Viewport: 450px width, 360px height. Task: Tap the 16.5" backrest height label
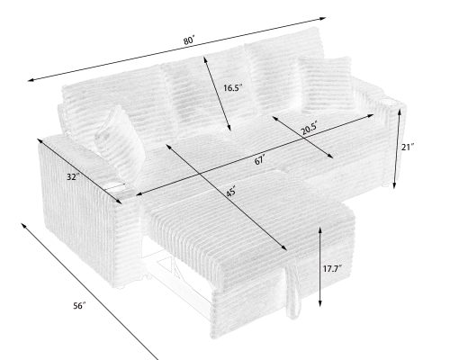pos(232,88)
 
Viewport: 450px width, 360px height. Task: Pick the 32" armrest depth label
pos(73,176)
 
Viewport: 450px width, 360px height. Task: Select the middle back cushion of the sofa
pos(202,90)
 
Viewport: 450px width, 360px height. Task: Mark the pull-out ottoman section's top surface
pos(234,216)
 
